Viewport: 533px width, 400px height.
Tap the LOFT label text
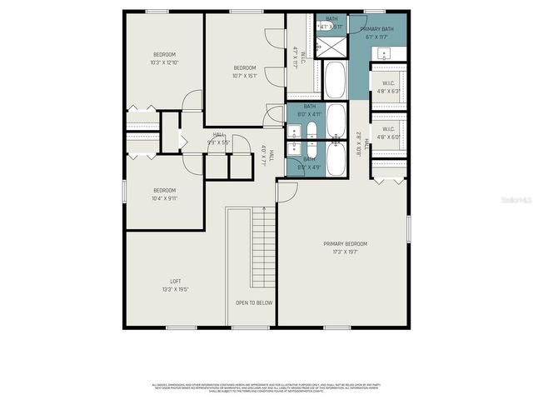tap(176, 282)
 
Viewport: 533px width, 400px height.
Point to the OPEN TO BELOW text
tap(254, 302)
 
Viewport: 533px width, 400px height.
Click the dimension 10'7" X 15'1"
tap(244, 75)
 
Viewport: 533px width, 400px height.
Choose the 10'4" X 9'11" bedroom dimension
tap(164, 198)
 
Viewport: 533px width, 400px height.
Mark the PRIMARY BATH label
tap(376, 29)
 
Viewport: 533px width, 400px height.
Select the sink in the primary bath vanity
tap(384, 55)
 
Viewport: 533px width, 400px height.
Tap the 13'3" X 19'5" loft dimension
tap(176, 289)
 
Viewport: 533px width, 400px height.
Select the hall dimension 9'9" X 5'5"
tap(219, 141)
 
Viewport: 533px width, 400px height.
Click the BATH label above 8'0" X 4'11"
tap(309, 107)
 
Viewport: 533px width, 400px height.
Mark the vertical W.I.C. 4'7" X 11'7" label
tap(299, 58)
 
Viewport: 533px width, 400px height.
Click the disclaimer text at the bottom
tap(266, 387)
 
